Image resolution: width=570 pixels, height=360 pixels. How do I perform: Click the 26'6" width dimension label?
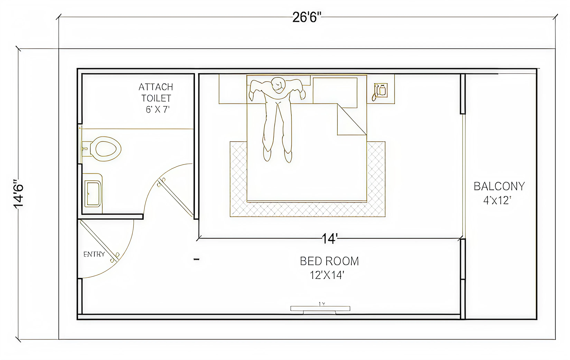(307, 18)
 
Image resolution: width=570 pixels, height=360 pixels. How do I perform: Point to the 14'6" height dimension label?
(19, 194)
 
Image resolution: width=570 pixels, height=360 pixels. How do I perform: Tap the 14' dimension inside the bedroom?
(329, 239)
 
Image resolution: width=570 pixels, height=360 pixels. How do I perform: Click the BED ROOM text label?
(329, 261)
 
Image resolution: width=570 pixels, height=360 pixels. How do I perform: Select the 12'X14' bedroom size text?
(327, 275)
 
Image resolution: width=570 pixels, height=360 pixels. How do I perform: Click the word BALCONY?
(499, 187)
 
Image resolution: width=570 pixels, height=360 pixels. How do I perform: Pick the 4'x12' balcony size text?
(497, 200)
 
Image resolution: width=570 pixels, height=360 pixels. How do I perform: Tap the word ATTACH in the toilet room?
(156, 87)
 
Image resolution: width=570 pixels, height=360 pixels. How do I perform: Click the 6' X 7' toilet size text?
(158, 110)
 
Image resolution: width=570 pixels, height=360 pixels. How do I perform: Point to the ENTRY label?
(94, 254)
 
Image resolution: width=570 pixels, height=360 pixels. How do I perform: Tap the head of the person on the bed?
(278, 85)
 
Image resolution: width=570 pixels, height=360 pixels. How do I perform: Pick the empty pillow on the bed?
(335, 93)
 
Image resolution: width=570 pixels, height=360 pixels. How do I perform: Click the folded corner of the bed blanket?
(352, 119)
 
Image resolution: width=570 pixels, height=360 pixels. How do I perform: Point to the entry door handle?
(114, 257)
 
